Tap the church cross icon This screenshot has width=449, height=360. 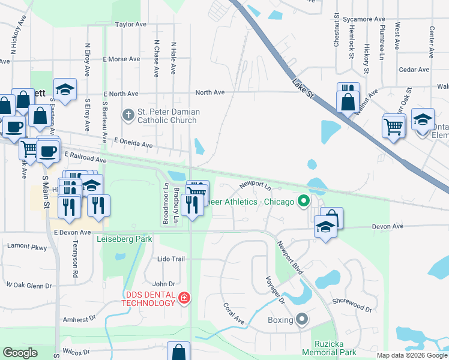(x=128, y=114)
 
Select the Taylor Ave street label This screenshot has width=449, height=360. (x=131, y=25)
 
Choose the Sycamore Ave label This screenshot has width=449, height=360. (x=364, y=19)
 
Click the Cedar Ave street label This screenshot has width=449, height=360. (x=414, y=70)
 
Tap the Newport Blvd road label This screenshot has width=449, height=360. (x=290, y=258)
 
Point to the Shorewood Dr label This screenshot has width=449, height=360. (x=352, y=304)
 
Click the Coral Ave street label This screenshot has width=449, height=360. (x=234, y=313)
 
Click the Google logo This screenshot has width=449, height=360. (x=20, y=353)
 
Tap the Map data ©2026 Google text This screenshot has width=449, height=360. (x=412, y=355)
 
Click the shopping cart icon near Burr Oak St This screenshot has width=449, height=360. (x=393, y=126)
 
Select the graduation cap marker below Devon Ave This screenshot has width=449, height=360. (x=325, y=227)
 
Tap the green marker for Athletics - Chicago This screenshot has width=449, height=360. (x=304, y=201)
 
